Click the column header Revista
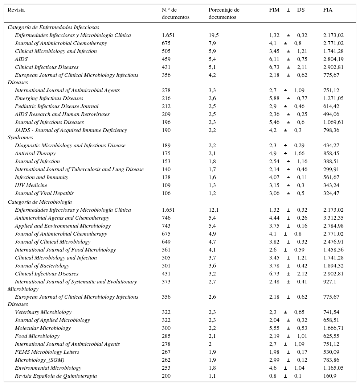16,10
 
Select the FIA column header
328,10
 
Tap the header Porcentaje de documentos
224,13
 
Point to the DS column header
301,10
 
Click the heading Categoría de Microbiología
40,202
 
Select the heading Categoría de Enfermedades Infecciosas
53,27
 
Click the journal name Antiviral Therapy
35,153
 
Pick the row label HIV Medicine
31,185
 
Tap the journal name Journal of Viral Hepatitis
44,193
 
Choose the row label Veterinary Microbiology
43,312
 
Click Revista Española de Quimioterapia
56,376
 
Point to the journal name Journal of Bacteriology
42,266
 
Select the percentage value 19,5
214,35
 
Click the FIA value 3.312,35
333,218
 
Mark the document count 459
166,59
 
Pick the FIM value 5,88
274,98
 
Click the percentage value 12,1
214,210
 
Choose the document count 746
166,218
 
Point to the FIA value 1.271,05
333,98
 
